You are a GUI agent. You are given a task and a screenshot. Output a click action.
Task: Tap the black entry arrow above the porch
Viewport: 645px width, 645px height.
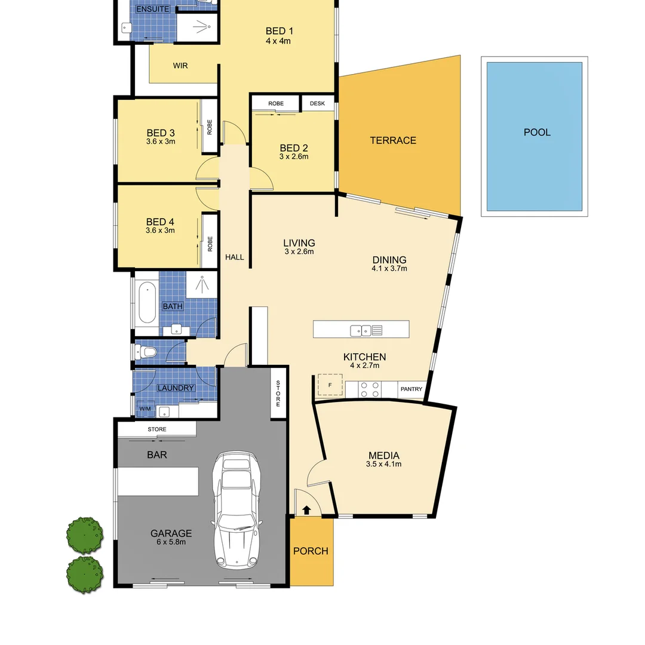[x=306, y=510]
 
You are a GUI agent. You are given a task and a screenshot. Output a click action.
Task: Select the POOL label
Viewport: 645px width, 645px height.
[x=537, y=133]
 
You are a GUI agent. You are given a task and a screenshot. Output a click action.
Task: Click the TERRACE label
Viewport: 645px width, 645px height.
[x=392, y=140]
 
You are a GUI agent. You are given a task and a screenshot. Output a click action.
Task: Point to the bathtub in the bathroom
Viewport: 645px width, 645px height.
[x=147, y=303]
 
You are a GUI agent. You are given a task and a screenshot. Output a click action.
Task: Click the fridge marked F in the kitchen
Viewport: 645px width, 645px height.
[x=330, y=384]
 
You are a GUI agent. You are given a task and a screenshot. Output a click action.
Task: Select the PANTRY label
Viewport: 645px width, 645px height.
[x=411, y=389]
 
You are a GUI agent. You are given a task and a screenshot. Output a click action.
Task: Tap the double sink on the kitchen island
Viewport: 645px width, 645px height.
[x=361, y=330]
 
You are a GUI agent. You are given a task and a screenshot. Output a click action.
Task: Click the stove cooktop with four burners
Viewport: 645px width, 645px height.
[x=370, y=389]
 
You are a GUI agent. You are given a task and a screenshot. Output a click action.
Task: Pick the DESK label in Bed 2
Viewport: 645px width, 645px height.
[x=318, y=103]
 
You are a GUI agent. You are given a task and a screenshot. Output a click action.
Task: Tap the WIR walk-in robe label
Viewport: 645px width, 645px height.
[x=180, y=66]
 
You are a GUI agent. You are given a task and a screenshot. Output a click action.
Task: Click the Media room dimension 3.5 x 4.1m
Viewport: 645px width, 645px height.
[x=383, y=464]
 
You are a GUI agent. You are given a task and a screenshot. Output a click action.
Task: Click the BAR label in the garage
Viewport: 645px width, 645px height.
[x=156, y=454]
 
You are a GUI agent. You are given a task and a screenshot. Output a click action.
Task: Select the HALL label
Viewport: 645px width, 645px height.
[x=235, y=257]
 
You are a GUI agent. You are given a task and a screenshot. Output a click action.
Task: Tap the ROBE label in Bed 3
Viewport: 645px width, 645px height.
[x=210, y=127]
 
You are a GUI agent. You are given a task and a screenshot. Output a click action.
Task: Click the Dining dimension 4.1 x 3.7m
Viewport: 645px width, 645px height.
[x=389, y=269]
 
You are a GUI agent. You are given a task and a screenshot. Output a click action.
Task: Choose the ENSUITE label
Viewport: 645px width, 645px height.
[x=153, y=10]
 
